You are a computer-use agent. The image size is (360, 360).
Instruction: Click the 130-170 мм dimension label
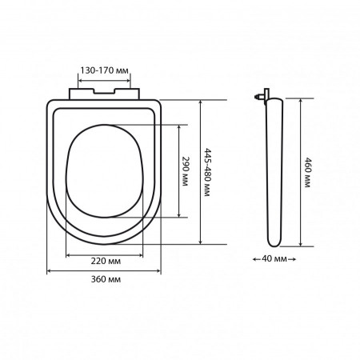tap(104, 70)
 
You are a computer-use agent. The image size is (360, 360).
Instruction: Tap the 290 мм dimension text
tap(185, 171)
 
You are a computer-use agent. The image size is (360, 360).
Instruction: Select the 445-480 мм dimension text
tap(207, 172)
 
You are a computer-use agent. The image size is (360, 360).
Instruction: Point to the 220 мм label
tap(106, 261)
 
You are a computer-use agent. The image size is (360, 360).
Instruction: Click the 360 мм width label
tap(106, 279)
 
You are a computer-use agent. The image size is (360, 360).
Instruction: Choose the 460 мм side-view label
tap(308, 173)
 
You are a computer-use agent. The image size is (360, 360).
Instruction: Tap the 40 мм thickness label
tap(274, 258)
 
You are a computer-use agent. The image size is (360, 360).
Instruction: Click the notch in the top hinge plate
tap(104, 91)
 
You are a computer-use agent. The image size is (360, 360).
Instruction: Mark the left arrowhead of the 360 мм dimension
tap(49, 271)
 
